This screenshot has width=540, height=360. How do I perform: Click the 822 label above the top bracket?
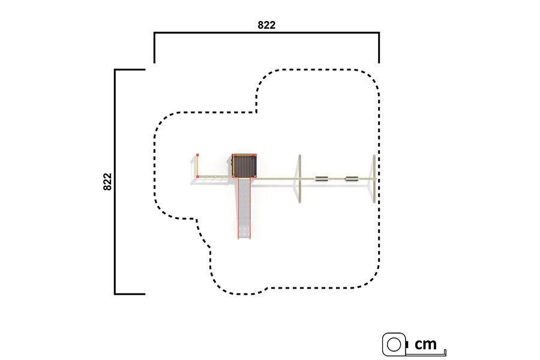click(x=266, y=25)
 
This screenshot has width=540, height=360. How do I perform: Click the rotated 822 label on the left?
click(x=107, y=182)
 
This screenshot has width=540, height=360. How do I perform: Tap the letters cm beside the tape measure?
click(x=425, y=344)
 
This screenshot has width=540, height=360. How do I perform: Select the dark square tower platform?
click(x=245, y=166)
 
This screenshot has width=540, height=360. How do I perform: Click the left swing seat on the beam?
click(x=322, y=179)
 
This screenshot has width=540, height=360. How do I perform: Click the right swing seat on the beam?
click(x=352, y=179)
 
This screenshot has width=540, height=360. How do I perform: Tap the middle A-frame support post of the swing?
click(x=300, y=179)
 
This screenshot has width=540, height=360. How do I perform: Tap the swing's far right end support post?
click(x=374, y=179)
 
